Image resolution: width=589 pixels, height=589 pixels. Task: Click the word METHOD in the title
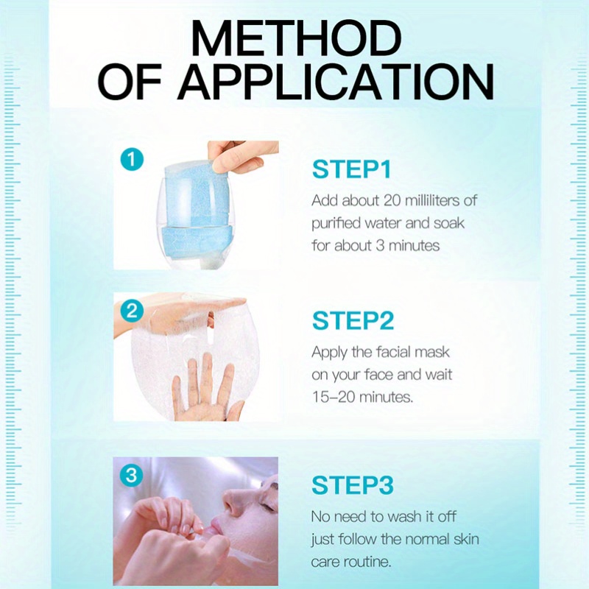pos(296,38)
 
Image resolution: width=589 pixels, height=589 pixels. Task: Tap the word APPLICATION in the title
pos(336,82)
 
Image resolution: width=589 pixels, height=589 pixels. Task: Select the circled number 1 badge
pos(132,159)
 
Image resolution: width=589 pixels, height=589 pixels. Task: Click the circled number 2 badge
pos(132,311)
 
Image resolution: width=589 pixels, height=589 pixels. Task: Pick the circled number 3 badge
pos(132,475)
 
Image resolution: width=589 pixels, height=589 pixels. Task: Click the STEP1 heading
pos(351,169)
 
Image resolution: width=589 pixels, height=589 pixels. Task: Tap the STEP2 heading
pos(353,321)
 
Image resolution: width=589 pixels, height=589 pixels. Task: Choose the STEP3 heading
pos(353,484)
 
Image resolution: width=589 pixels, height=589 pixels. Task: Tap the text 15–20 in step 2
pos(334,397)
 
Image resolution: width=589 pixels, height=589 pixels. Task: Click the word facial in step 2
pos(393,352)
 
